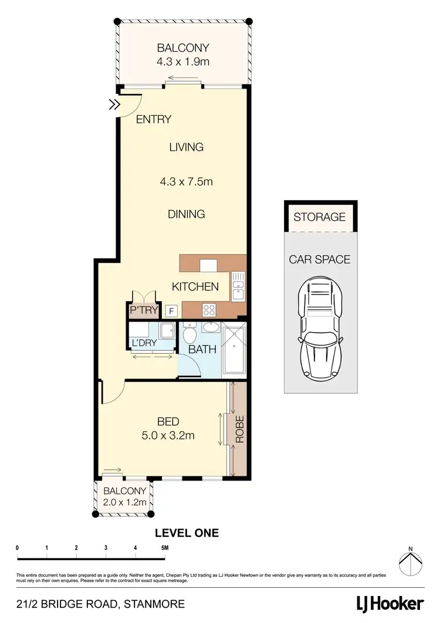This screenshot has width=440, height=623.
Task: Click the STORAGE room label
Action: coord(319,217)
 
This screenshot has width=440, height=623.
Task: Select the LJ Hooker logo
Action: coord(390,604)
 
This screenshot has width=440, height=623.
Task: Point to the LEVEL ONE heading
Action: coord(187,533)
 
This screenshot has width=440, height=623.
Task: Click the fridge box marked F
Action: coord(172,311)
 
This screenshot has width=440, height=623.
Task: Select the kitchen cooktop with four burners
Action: coord(210,309)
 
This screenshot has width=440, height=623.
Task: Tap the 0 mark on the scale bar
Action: coord(18,548)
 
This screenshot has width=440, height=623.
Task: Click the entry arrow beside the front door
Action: coord(113,105)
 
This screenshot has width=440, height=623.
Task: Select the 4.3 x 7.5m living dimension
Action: coord(186,182)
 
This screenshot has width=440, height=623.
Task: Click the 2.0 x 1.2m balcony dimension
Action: coord(124,502)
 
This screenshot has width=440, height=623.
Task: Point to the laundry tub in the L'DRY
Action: coord(167,330)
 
